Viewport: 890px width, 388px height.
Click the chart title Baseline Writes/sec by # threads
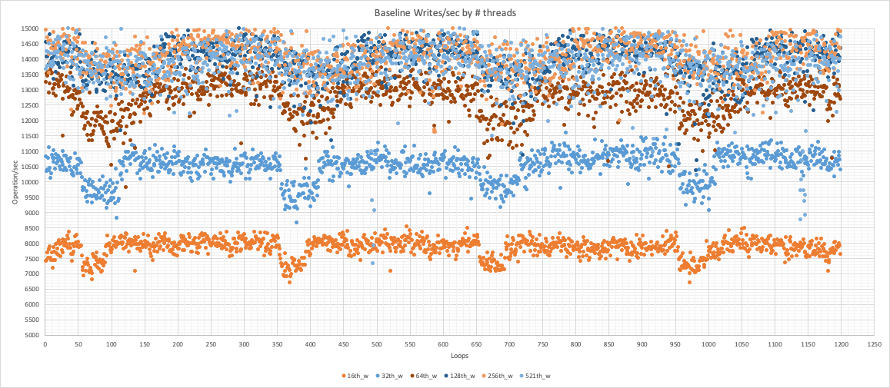[445, 14]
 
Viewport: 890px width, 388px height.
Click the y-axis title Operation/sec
[15, 182]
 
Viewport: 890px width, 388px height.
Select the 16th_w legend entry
[355, 376]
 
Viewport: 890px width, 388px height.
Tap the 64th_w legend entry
[425, 376]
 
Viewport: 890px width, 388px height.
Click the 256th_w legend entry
[498, 376]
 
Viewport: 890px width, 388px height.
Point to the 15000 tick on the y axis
[29, 28]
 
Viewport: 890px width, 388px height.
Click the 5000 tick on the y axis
[31, 335]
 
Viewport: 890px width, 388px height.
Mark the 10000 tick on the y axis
[29, 182]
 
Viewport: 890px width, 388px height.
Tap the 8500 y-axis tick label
[31, 228]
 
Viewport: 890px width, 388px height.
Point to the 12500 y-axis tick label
[29, 105]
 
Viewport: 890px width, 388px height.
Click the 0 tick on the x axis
[45, 345]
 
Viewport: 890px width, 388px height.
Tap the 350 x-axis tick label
[277, 345]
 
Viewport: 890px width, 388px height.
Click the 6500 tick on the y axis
[31, 289]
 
